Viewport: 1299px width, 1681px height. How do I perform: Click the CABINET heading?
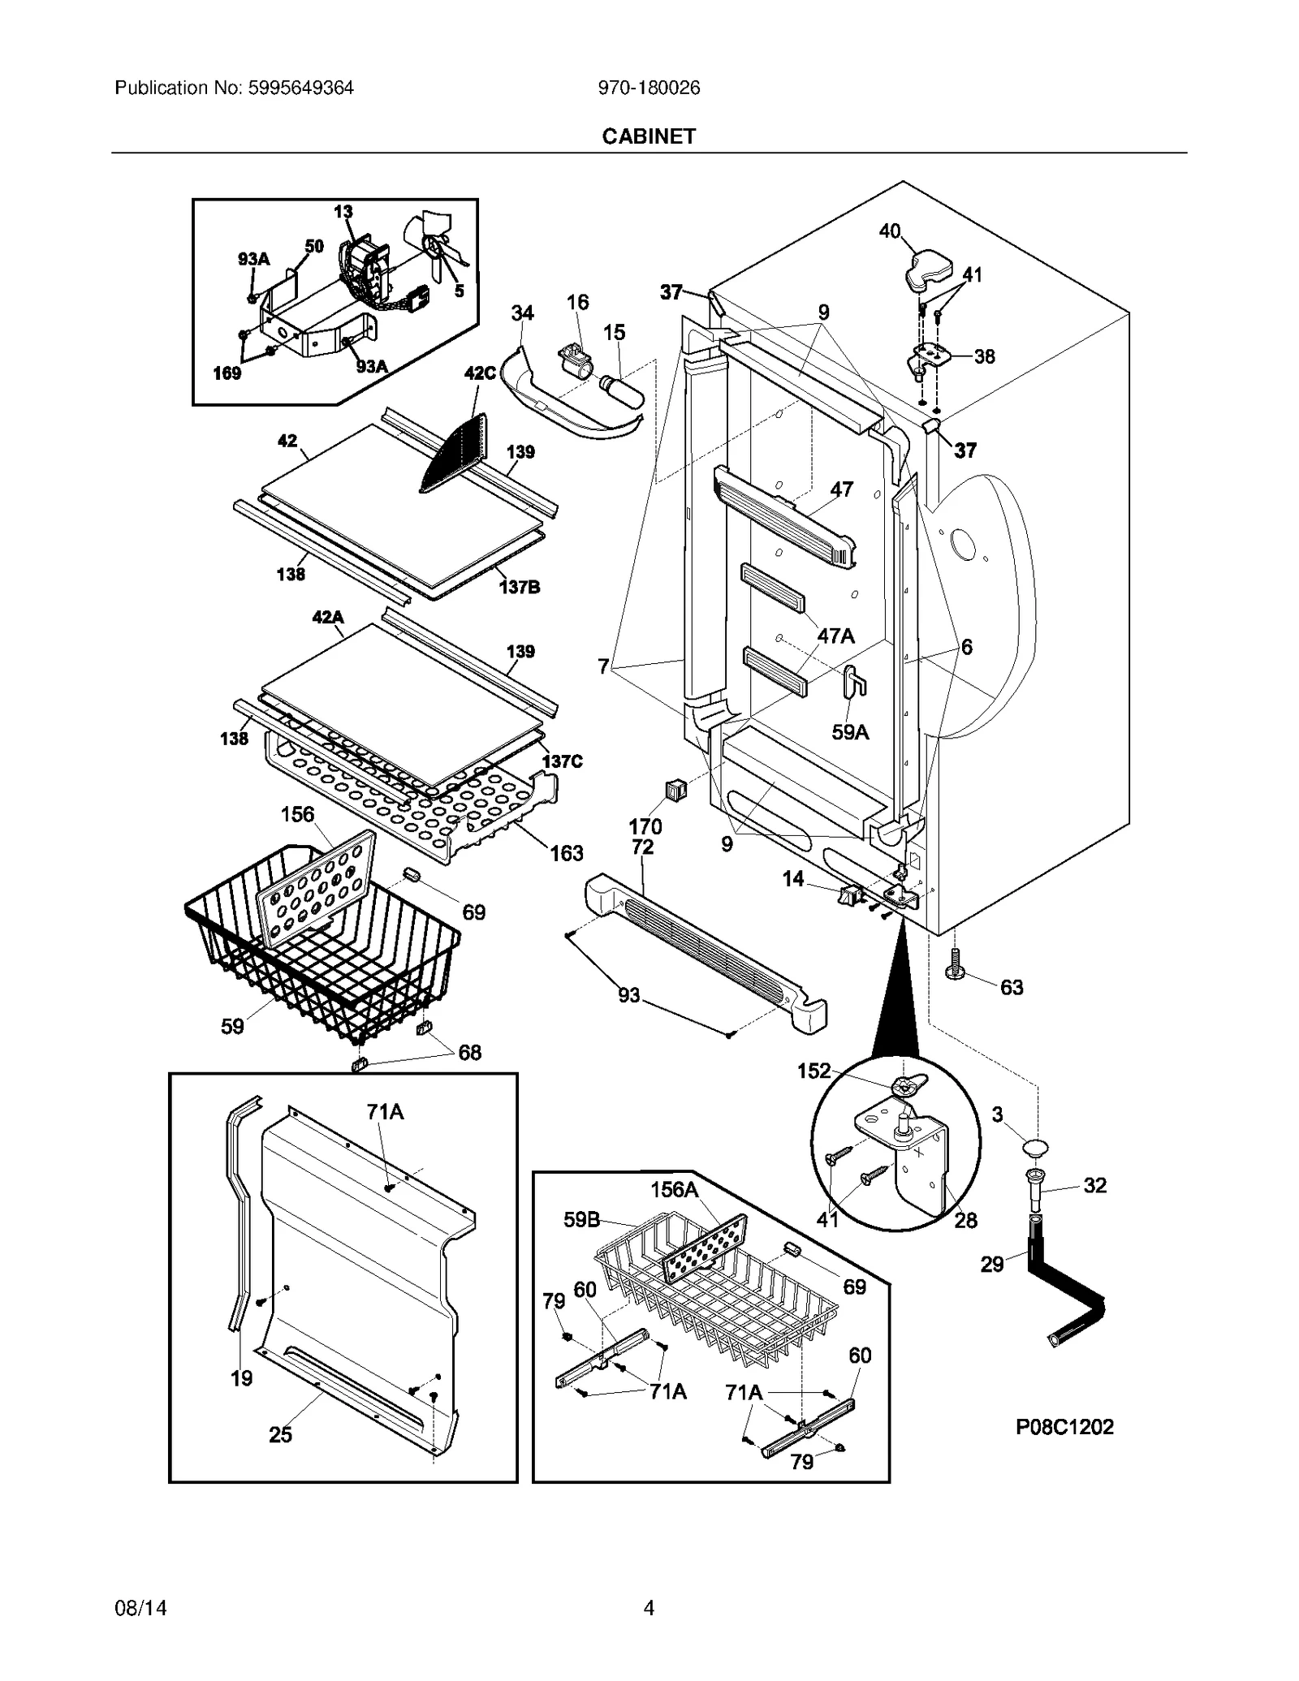point(649,136)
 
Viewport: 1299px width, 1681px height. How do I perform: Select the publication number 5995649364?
point(234,88)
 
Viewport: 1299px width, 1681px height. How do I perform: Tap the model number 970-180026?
point(649,88)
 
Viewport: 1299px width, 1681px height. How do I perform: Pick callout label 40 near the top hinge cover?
point(890,231)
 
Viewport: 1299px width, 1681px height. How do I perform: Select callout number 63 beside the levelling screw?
point(1012,987)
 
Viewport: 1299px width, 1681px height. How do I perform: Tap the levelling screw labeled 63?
point(955,965)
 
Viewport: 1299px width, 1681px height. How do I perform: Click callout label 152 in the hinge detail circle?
point(813,1071)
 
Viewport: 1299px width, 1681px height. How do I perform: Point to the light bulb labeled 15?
point(623,385)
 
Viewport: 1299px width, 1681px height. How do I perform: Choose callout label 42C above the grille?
point(480,373)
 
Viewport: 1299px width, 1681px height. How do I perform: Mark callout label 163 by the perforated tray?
point(567,853)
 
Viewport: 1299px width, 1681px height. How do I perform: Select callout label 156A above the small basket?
point(674,1189)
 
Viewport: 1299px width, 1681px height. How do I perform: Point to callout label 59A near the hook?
point(850,732)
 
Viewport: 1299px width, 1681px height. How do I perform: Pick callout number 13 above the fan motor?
point(343,212)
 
